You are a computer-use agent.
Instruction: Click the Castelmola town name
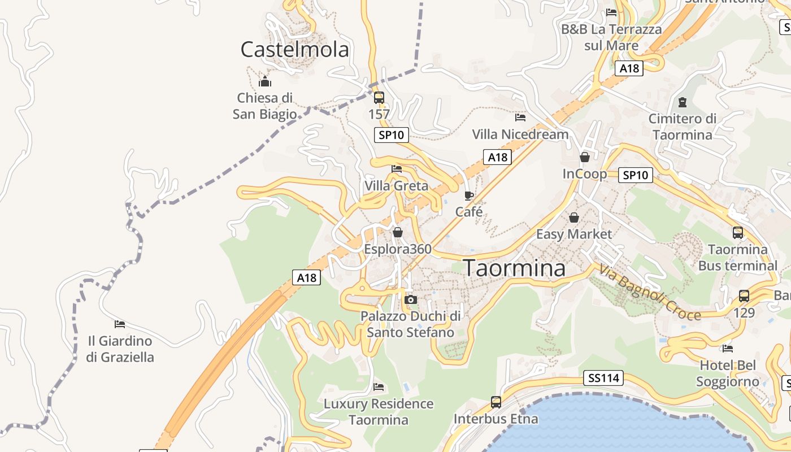(x=294, y=50)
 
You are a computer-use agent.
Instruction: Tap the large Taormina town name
(x=514, y=268)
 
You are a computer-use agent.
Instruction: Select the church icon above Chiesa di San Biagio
(x=265, y=81)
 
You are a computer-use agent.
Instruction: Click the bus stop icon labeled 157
(x=379, y=97)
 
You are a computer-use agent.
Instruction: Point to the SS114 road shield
(x=603, y=378)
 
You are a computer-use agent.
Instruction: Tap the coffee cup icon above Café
(x=469, y=195)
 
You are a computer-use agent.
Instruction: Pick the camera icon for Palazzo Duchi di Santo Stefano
(x=411, y=299)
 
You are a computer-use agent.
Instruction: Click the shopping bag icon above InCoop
(x=585, y=157)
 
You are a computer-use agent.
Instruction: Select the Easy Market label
(x=573, y=234)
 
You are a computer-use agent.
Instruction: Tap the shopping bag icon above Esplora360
(x=398, y=232)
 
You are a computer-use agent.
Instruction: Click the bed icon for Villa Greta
(x=397, y=168)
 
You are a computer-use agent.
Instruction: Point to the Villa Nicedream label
(x=520, y=134)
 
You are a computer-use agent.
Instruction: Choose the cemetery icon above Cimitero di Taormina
(x=683, y=102)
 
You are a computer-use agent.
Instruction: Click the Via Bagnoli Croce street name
(x=650, y=292)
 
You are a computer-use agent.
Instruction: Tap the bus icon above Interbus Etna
(x=496, y=402)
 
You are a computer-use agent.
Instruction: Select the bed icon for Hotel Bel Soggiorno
(x=728, y=349)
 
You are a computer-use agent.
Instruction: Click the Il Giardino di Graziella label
(x=120, y=349)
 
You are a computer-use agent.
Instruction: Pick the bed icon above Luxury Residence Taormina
(x=379, y=387)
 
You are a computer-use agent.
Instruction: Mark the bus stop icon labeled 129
(x=744, y=295)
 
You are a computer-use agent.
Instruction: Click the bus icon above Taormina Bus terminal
(x=738, y=232)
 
